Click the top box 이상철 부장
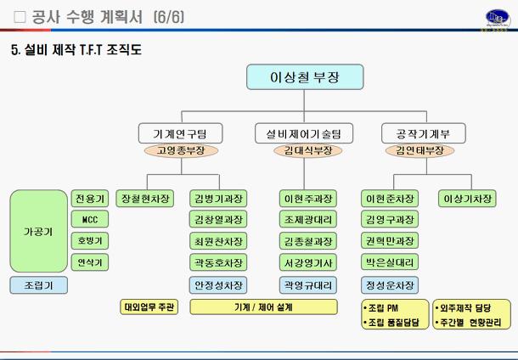[303, 77]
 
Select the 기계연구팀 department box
[181, 133]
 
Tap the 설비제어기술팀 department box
[302, 133]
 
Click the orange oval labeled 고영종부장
[181, 150]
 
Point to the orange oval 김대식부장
[302, 150]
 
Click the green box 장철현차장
[145, 199]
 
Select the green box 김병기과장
[219, 199]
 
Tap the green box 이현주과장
[307, 199]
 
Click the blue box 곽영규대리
[307, 284]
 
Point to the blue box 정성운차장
[389, 284]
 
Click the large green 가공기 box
[38, 231]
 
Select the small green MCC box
[89, 220]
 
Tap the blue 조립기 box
[38, 285]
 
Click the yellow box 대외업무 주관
[149, 307]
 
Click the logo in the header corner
[493, 17]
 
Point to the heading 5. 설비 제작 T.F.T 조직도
[76, 49]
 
